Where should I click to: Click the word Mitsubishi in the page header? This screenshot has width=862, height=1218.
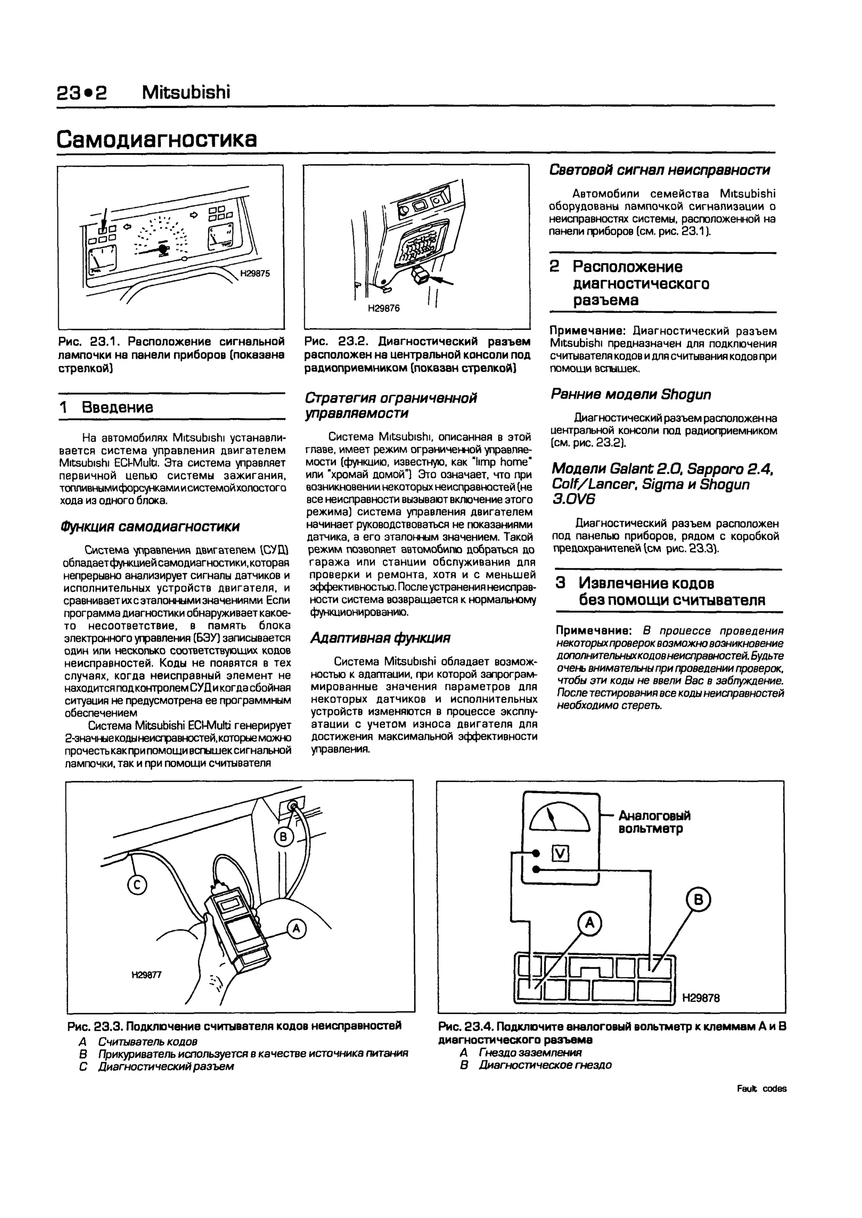[186, 93]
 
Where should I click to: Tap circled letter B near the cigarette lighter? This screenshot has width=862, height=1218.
[283, 838]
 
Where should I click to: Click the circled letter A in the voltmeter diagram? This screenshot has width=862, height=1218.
[590, 923]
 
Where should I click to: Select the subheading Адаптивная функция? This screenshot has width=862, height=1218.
[380, 638]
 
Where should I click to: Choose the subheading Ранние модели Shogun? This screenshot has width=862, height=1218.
[631, 395]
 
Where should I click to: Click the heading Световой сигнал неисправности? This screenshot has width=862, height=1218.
[659, 170]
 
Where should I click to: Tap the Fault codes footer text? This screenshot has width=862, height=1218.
[762, 1088]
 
